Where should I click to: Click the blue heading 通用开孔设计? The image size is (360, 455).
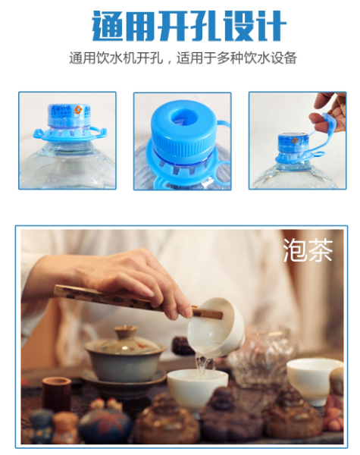189,26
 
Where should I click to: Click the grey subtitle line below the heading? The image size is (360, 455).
183,58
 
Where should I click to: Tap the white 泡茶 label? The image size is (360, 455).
308,250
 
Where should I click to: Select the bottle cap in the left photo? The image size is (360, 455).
69,116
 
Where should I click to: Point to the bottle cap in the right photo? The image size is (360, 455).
293,143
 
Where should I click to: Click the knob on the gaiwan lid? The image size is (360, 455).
126,331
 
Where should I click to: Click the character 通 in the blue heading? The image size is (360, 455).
108,26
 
